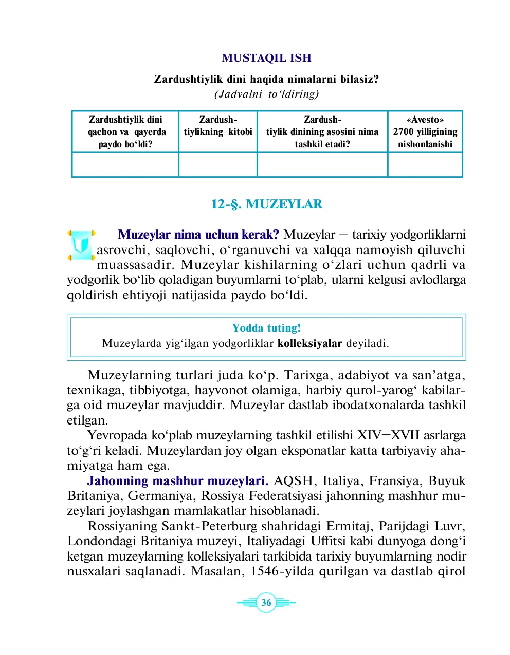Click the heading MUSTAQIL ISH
pyautogui.click(x=266, y=58)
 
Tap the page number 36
pyautogui.click(x=266, y=603)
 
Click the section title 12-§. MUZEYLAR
pyautogui.click(x=266, y=204)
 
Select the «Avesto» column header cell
pyautogui.click(x=425, y=132)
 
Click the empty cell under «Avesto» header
pyautogui.click(x=425, y=165)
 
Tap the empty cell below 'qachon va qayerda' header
pyautogui.click(x=125, y=165)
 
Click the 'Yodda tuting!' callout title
pyautogui.click(x=266, y=328)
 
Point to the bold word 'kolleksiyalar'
pyautogui.click(x=309, y=343)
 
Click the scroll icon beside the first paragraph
pyautogui.click(x=81, y=245)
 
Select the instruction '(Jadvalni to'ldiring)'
pyautogui.click(x=266, y=94)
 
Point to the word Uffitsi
pyautogui.click(x=329, y=541)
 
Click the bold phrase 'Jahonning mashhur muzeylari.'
pyautogui.click(x=178, y=481)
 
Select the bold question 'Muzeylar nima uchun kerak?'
pyautogui.click(x=198, y=235)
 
